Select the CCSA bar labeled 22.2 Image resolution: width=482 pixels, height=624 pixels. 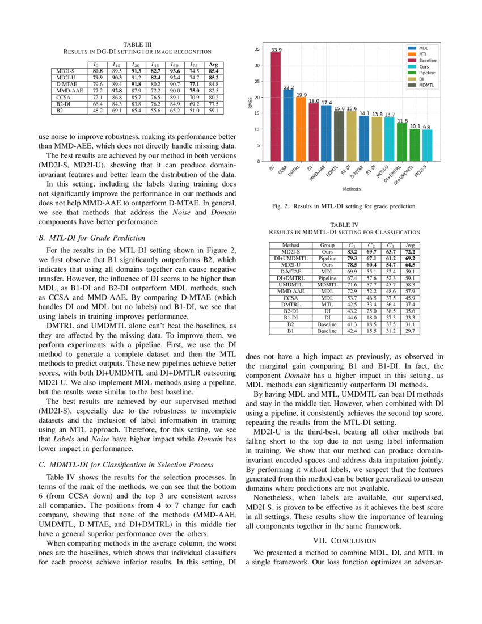pos(288,125)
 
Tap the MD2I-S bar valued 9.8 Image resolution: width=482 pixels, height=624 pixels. pos(426,145)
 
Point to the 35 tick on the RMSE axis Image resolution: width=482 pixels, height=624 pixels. pos(257,49)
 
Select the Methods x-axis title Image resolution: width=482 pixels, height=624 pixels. pos(350,188)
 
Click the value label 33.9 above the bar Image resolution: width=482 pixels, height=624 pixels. pos(276,50)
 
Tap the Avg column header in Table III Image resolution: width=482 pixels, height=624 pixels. pos(214,65)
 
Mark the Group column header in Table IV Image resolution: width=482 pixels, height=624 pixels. pos(327,246)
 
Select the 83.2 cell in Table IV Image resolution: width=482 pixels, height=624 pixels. pos(352,252)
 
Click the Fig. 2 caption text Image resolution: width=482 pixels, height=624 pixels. pos(344,206)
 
